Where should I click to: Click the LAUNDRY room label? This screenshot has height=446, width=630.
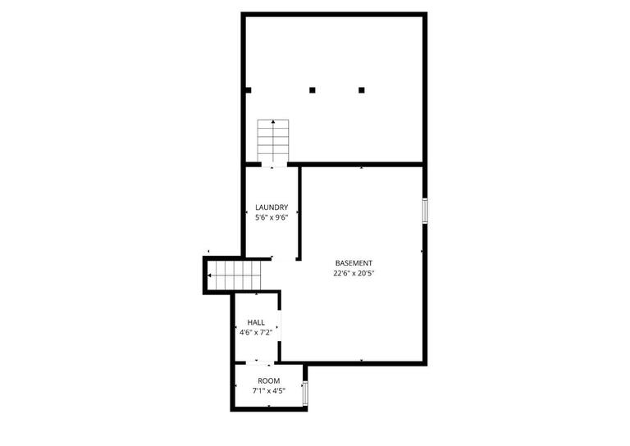click(270, 207)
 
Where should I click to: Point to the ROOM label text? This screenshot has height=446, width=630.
click(268, 380)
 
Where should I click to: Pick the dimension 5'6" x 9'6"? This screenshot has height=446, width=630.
click(270, 218)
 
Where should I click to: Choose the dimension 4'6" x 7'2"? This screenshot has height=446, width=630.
click(255, 333)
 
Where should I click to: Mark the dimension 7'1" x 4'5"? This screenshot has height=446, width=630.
click(268, 391)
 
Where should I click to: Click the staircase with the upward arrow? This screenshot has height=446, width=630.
click(273, 141)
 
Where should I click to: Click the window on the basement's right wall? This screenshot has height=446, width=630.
click(425, 211)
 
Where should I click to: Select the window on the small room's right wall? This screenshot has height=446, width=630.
click(305, 394)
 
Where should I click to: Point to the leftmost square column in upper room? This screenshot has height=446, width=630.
click(249, 89)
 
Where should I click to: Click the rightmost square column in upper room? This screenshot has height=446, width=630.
click(362, 89)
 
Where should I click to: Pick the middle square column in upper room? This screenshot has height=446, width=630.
click(312, 89)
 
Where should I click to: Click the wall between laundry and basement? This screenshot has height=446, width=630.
click(299, 213)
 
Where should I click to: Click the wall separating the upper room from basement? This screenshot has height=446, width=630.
click(361, 165)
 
